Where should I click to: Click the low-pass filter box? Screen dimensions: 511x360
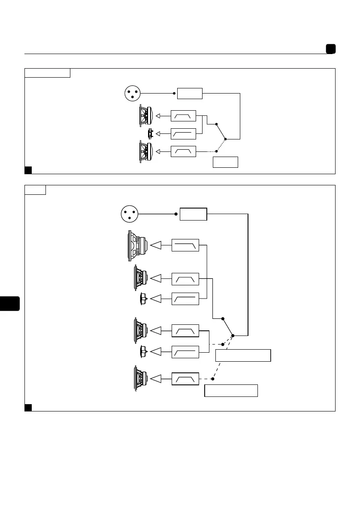[x=185, y=245]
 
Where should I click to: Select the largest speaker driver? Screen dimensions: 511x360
[x=137, y=245]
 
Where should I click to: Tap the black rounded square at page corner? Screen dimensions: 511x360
[x=330, y=49]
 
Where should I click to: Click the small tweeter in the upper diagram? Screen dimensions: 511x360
[x=150, y=134]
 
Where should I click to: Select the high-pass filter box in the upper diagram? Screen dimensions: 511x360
[x=183, y=134]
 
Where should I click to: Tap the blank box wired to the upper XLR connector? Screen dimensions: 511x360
[x=190, y=93]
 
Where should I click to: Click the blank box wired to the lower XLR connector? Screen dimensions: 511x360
[x=193, y=214]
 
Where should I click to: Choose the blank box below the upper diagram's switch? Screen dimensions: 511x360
[x=225, y=162]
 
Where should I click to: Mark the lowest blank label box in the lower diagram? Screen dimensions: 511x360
[x=231, y=391]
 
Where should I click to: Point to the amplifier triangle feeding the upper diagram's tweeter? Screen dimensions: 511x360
[x=158, y=134]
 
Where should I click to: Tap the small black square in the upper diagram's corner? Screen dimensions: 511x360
[x=28, y=170]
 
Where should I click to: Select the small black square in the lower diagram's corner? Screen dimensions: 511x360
[x=28, y=407]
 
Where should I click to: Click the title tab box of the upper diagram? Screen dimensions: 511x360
[x=47, y=73]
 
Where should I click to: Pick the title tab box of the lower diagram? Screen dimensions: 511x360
[x=35, y=190]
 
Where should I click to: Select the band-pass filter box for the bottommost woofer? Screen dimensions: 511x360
[x=185, y=379]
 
